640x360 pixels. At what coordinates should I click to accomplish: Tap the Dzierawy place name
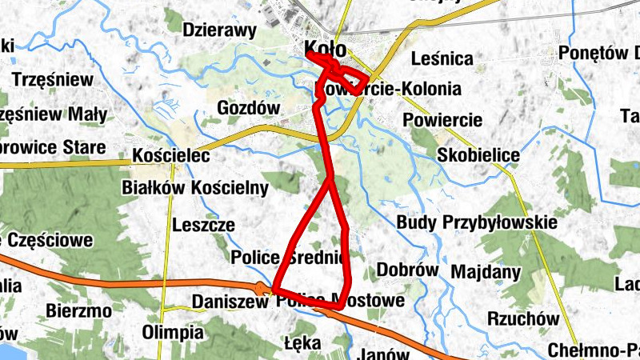pyautogui.click(x=219, y=30)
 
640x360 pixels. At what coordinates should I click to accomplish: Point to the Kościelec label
pyautogui.click(x=171, y=156)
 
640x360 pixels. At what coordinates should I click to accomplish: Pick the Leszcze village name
pyautogui.click(x=203, y=225)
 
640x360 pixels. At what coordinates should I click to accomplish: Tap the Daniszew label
pyautogui.click(x=230, y=302)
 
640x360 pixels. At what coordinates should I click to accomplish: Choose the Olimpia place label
pyautogui.click(x=172, y=331)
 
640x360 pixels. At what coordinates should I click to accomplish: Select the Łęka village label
pyautogui.click(x=302, y=344)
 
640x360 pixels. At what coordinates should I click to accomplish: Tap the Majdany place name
pyautogui.click(x=486, y=272)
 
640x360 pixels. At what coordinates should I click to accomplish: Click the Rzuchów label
pyautogui.click(x=523, y=318)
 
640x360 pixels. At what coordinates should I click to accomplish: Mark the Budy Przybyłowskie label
pyautogui.click(x=476, y=222)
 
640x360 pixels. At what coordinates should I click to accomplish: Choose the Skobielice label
pyautogui.click(x=478, y=154)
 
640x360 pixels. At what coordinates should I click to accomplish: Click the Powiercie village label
pyautogui.click(x=442, y=120)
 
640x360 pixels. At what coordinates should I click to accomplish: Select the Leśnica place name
pyautogui.click(x=441, y=58)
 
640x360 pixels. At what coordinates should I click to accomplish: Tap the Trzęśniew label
pyautogui.click(x=53, y=80)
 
